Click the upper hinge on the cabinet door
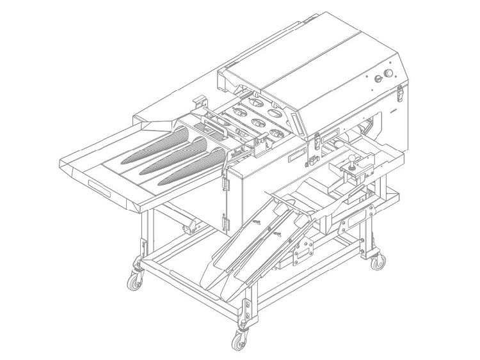[x=225, y=184]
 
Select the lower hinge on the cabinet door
[x=225, y=222]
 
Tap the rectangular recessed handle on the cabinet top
[x=296, y=155]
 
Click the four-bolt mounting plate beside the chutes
[x=301, y=250]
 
